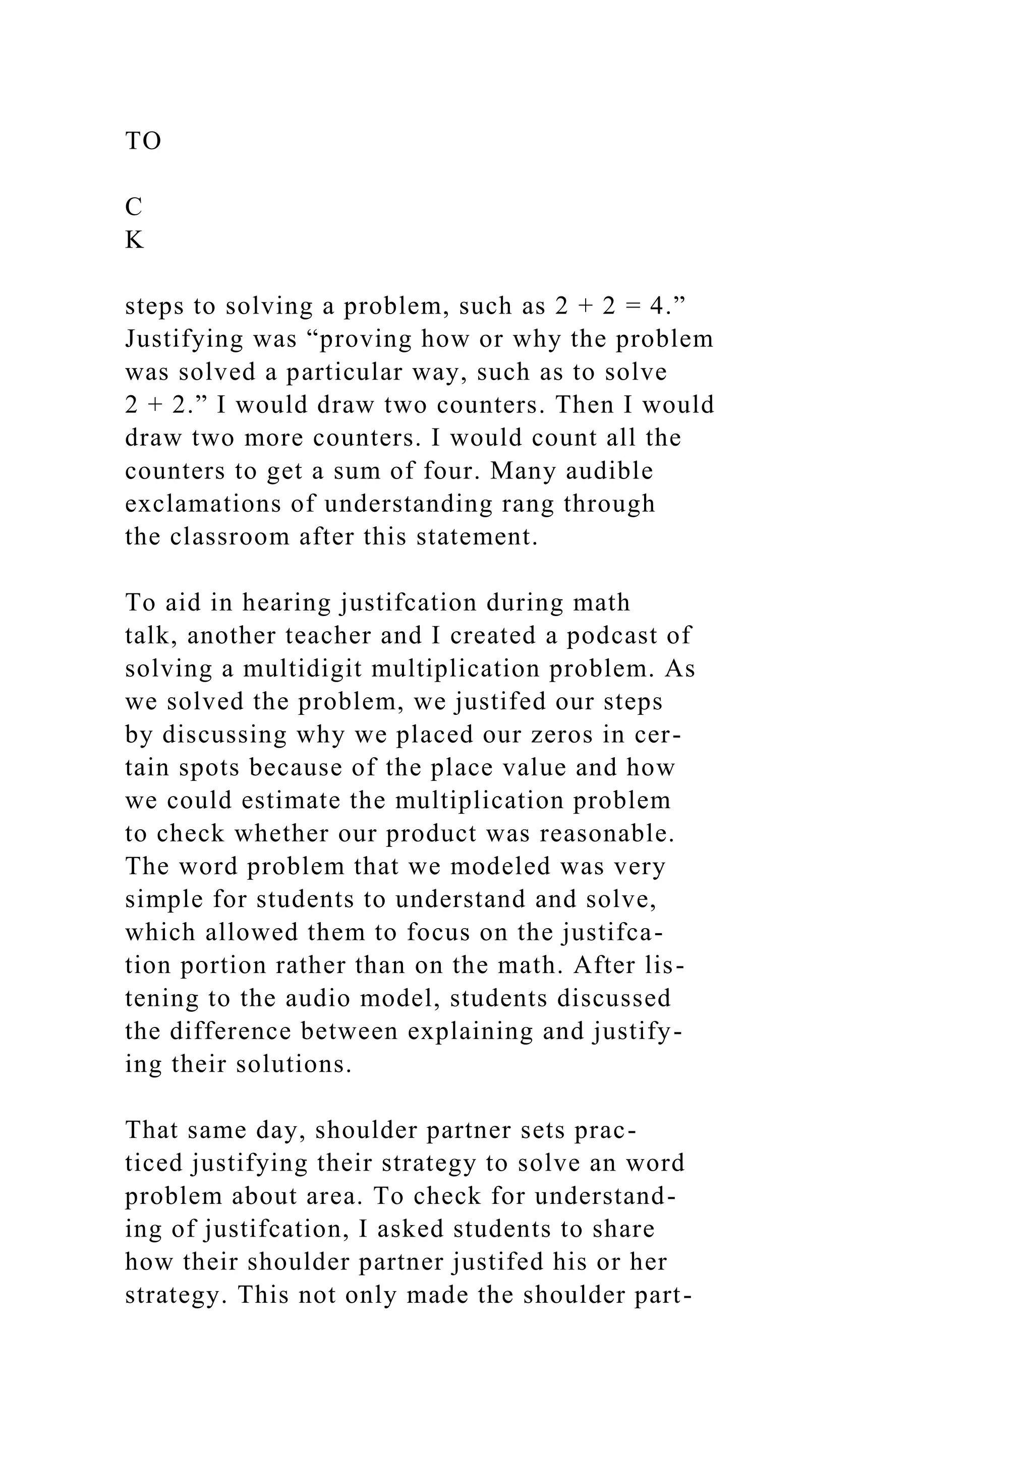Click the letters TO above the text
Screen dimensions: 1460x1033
[x=143, y=141]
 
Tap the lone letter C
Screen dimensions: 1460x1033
[x=134, y=207]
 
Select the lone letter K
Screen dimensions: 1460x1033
[x=134, y=240]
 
